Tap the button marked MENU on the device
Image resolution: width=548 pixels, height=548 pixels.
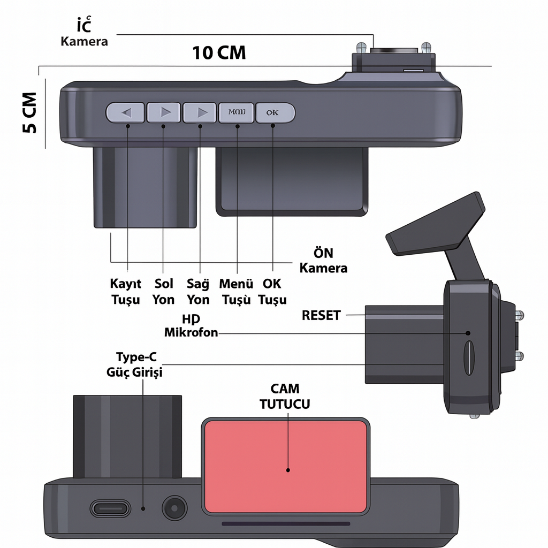click(237, 113)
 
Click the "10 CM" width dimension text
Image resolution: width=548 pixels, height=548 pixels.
click(219, 52)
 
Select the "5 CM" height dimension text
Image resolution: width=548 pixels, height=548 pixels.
click(29, 113)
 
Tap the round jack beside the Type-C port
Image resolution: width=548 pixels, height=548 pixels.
click(174, 507)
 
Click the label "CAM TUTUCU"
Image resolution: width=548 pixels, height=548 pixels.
click(285, 396)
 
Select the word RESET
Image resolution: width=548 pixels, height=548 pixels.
click(321, 315)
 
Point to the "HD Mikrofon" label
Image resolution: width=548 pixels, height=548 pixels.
click(191, 325)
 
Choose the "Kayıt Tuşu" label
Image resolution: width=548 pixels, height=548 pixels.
click(126, 292)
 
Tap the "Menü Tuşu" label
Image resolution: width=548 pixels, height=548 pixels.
click(236, 292)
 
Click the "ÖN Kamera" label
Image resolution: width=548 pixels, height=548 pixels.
click(323, 260)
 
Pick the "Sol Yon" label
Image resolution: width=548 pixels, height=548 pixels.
click(163, 292)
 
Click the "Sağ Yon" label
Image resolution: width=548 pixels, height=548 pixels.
click(198, 292)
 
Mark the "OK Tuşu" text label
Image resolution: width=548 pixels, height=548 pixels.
click(272, 292)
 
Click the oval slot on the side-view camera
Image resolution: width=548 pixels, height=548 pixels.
click(468, 357)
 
